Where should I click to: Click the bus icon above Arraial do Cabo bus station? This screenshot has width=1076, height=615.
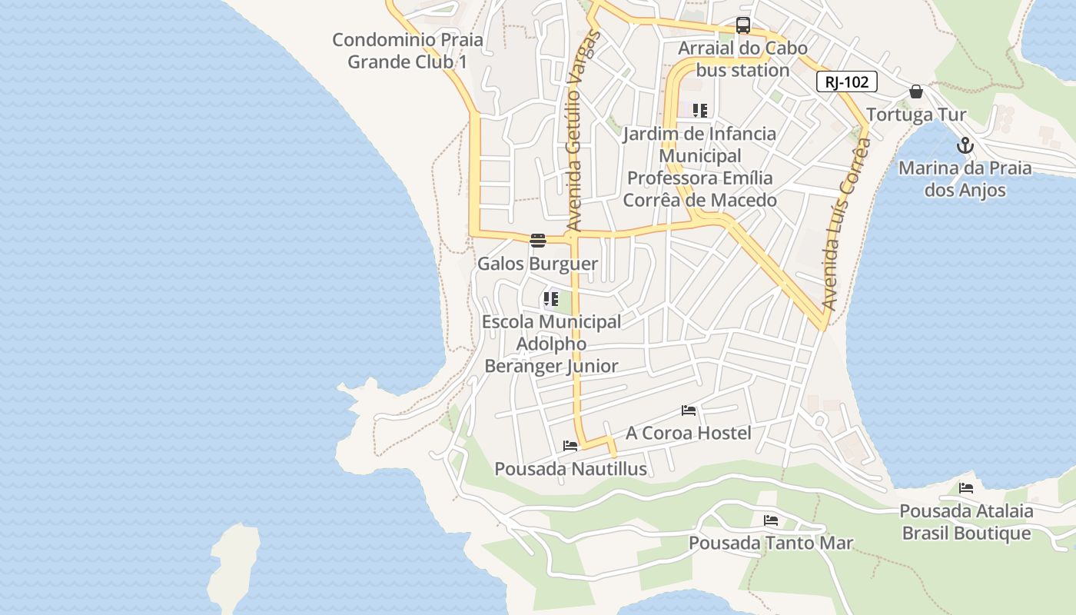[x=743, y=25]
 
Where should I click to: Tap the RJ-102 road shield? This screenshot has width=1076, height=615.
[x=846, y=81]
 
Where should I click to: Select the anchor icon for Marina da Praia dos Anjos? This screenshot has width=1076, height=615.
[x=965, y=145]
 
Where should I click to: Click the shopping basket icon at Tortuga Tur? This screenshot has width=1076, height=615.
[x=916, y=91]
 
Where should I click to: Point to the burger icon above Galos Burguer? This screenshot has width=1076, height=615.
[x=537, y=241]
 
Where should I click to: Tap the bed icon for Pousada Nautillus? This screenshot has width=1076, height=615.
[x=570, y=445]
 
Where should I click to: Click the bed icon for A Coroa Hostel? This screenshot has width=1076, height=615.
[x=689, y=411]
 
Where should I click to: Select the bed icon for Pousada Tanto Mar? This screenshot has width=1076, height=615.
[x=771, y=520]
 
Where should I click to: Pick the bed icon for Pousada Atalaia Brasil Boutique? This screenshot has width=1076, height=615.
[x=966, y=487]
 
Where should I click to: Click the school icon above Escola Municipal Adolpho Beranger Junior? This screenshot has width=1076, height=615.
[x=550, y=299]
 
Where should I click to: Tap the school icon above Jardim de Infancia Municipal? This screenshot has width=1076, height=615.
[x=699, y=111]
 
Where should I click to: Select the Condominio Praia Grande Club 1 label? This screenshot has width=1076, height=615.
[x=407, y=51]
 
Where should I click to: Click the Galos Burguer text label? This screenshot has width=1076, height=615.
[x=537, y=264]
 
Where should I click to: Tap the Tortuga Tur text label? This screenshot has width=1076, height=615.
[x=916, y=115]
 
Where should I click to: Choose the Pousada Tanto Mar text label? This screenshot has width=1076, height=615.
[x=771, y=543]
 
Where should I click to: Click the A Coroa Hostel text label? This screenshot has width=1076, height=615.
[x=689, y=433]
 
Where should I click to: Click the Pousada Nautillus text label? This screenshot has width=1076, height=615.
[x=570, y=468]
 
